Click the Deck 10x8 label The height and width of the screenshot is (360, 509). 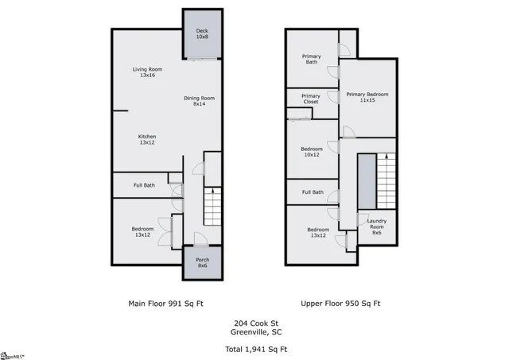[x=202, y=34]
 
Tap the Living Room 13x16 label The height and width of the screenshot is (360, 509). [x=147, y=73]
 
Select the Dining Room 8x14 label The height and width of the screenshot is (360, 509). [x=199, y=101]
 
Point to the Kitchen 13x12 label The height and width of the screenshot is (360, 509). [x=147, y=139]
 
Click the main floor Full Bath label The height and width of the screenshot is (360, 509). [x=144, y=185]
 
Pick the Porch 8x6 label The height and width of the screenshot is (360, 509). [x=202, y=262]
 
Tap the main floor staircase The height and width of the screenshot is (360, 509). [x=212, y=208]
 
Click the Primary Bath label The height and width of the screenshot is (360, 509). [x=310, y=59]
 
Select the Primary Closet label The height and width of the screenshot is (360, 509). [x=311, y=99]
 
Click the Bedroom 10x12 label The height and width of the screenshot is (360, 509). [x=311, y=152]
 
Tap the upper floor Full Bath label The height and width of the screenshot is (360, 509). [x=312, y=192]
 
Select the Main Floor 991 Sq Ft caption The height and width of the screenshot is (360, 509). [x=165, y=303]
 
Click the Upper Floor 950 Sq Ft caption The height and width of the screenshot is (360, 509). [x=340, y=303]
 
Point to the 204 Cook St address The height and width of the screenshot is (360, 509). [x=254, y=323]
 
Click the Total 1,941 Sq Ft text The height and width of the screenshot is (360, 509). [x=254, y=349]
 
